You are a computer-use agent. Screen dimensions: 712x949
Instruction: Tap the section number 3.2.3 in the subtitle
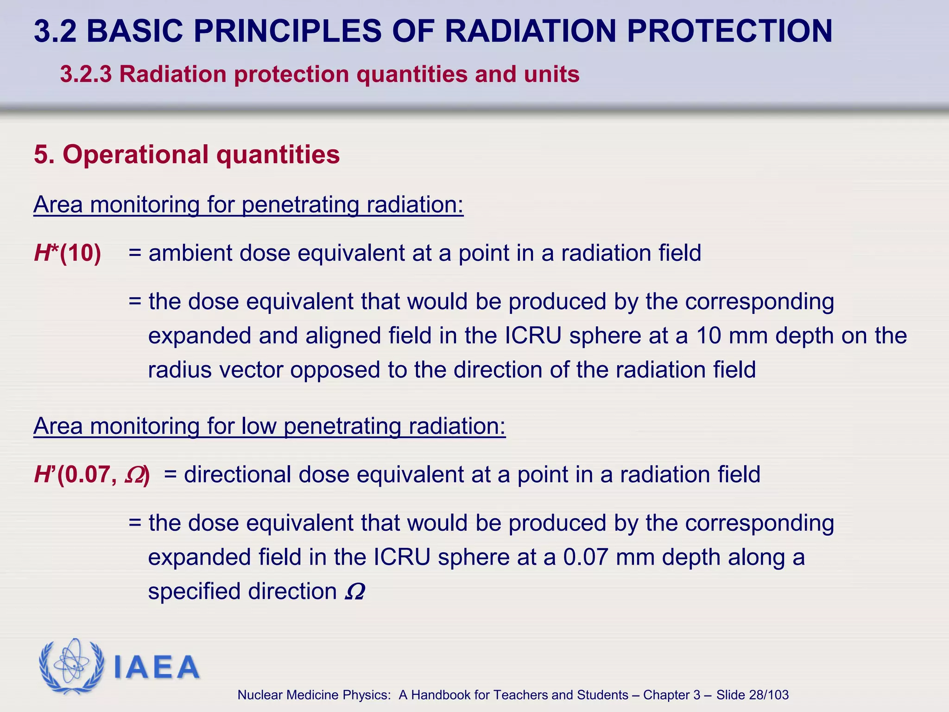[86, 75]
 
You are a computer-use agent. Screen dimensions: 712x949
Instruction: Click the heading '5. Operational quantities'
[187, 154]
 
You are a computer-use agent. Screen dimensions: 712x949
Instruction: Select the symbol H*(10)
[68, 254]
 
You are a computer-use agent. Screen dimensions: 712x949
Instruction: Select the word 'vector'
[251, 370]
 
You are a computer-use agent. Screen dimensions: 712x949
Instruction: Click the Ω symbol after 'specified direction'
[355, 592]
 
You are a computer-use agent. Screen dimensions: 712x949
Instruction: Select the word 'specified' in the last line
[195, 592]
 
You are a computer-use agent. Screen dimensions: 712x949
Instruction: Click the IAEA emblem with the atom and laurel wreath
[71, 667]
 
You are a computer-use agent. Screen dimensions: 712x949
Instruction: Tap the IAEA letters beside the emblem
[156, 667]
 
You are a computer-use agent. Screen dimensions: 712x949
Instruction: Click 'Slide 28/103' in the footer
[752, 695]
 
